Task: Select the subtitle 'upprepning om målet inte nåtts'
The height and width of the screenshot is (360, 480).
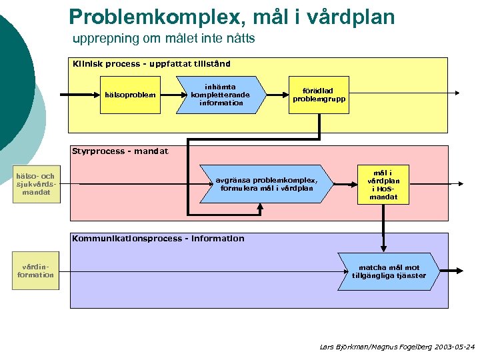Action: pyautogui.click(x=163, y=39)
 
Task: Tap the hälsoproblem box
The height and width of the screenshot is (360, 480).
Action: pyautogui.click(x=131, y=95)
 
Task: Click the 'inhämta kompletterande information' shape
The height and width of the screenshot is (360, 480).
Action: pyautogui.click(x=221, y=95)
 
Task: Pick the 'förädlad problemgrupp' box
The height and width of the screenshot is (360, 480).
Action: pyautogui.click(x=318, y=95)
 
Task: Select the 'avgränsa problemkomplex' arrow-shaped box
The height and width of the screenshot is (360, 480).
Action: pyautogui.click(x=266, y=183)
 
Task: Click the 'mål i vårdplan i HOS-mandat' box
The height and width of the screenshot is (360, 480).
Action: pyautogui.click(x=383, y=183)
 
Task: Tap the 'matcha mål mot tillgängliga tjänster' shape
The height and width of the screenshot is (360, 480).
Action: pyautogui.click(x=389, y=271)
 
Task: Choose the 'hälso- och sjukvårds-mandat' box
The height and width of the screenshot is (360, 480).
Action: pyautogui.click(x=36, y=184)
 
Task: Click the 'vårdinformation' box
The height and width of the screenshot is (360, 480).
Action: pyautogui.click(x=36, y=270)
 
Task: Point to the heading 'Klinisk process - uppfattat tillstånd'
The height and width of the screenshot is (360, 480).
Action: pyautogui.click(x=151, y=64)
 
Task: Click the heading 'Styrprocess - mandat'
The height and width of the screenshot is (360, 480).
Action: pyautogui.click(x=120, y=151)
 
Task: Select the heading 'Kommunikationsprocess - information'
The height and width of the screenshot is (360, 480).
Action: pyautogui.click(x=158, y=238)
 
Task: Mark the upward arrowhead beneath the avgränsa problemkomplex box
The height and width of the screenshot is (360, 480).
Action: pyautogui.click(x=261, y=206)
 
